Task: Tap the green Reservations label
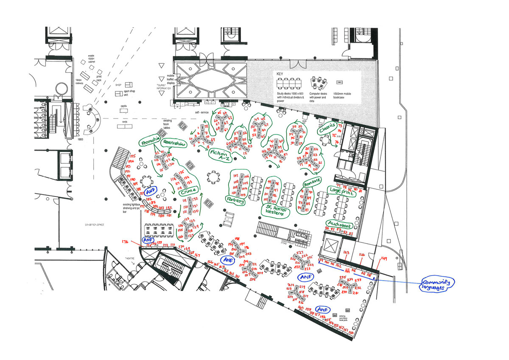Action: pyautogui.click(x=174, y=144)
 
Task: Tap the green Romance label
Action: pyautogui.click(x=312, y=184)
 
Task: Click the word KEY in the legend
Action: pyautogui.click(x=280, y=73)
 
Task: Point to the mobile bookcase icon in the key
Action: pyautogui.click(x=340, y=81)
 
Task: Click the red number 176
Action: pyautogui.click(x=125, y=242)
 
